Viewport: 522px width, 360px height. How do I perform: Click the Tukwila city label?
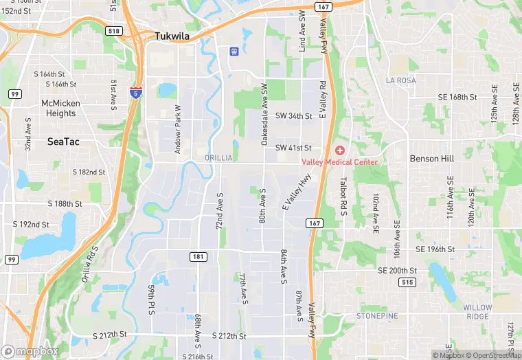(x=172, y=36)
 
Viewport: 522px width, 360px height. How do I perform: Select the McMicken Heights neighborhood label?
(x=58, y=108)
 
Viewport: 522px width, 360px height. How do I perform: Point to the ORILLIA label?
(x=219, y=158)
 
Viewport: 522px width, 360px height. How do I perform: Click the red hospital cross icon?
(x=339, y=150)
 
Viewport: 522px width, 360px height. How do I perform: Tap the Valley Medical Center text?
(x=340, y=162)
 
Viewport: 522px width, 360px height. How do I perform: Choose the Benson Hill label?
(x=431, y=158)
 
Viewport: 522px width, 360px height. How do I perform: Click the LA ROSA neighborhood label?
(x=400, y=80)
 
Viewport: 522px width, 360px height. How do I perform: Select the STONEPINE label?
(x=377, y=315)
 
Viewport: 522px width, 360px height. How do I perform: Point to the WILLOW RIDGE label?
(x=477, y=312)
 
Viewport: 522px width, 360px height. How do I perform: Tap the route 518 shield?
(x=114, y=31)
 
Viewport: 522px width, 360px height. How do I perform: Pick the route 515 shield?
(x=407, y=282)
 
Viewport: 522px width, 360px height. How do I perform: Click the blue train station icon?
(x=234, y=51)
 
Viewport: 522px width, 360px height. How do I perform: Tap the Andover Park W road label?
(x=177, y=128)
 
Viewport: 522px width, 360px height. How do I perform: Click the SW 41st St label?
(x=293, y=148)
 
